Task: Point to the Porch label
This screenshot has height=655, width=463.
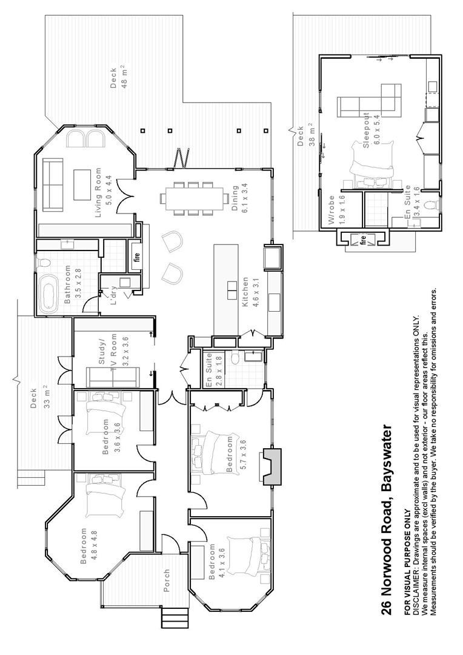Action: coord(167,580)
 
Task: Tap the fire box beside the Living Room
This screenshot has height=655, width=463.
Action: coord(136,255)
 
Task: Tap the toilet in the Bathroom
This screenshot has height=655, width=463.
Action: coord(44,263)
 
